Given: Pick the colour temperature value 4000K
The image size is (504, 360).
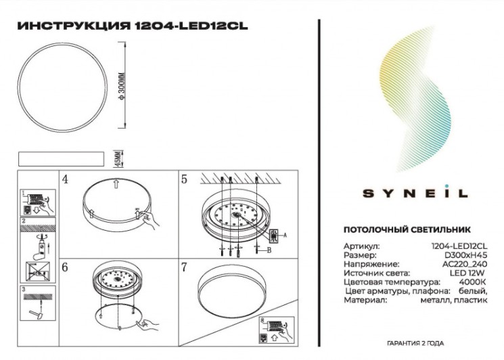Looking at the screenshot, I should [x=474, y=282].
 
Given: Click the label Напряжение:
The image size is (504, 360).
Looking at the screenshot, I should [x=371, y=264].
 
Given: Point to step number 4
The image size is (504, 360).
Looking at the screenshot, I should [x=65, y=179].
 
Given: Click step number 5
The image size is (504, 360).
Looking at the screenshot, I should [x=183, y=179].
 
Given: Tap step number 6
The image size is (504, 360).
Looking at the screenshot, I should [x=65, y=267].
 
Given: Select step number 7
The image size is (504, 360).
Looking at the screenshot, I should [x=183, y=267].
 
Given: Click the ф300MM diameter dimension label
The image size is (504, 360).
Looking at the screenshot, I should [x=122, y=85].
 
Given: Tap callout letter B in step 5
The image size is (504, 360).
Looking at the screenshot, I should [x=269, y=250].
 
